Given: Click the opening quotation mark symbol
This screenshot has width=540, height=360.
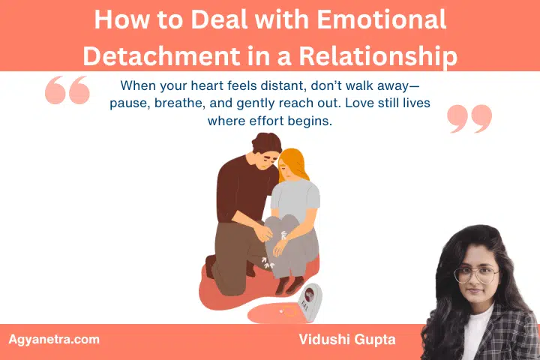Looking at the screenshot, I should coord(67,91).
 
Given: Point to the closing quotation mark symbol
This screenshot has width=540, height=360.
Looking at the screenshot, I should coord(469,119).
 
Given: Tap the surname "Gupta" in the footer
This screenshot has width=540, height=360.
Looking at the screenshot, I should coord(373,340).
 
